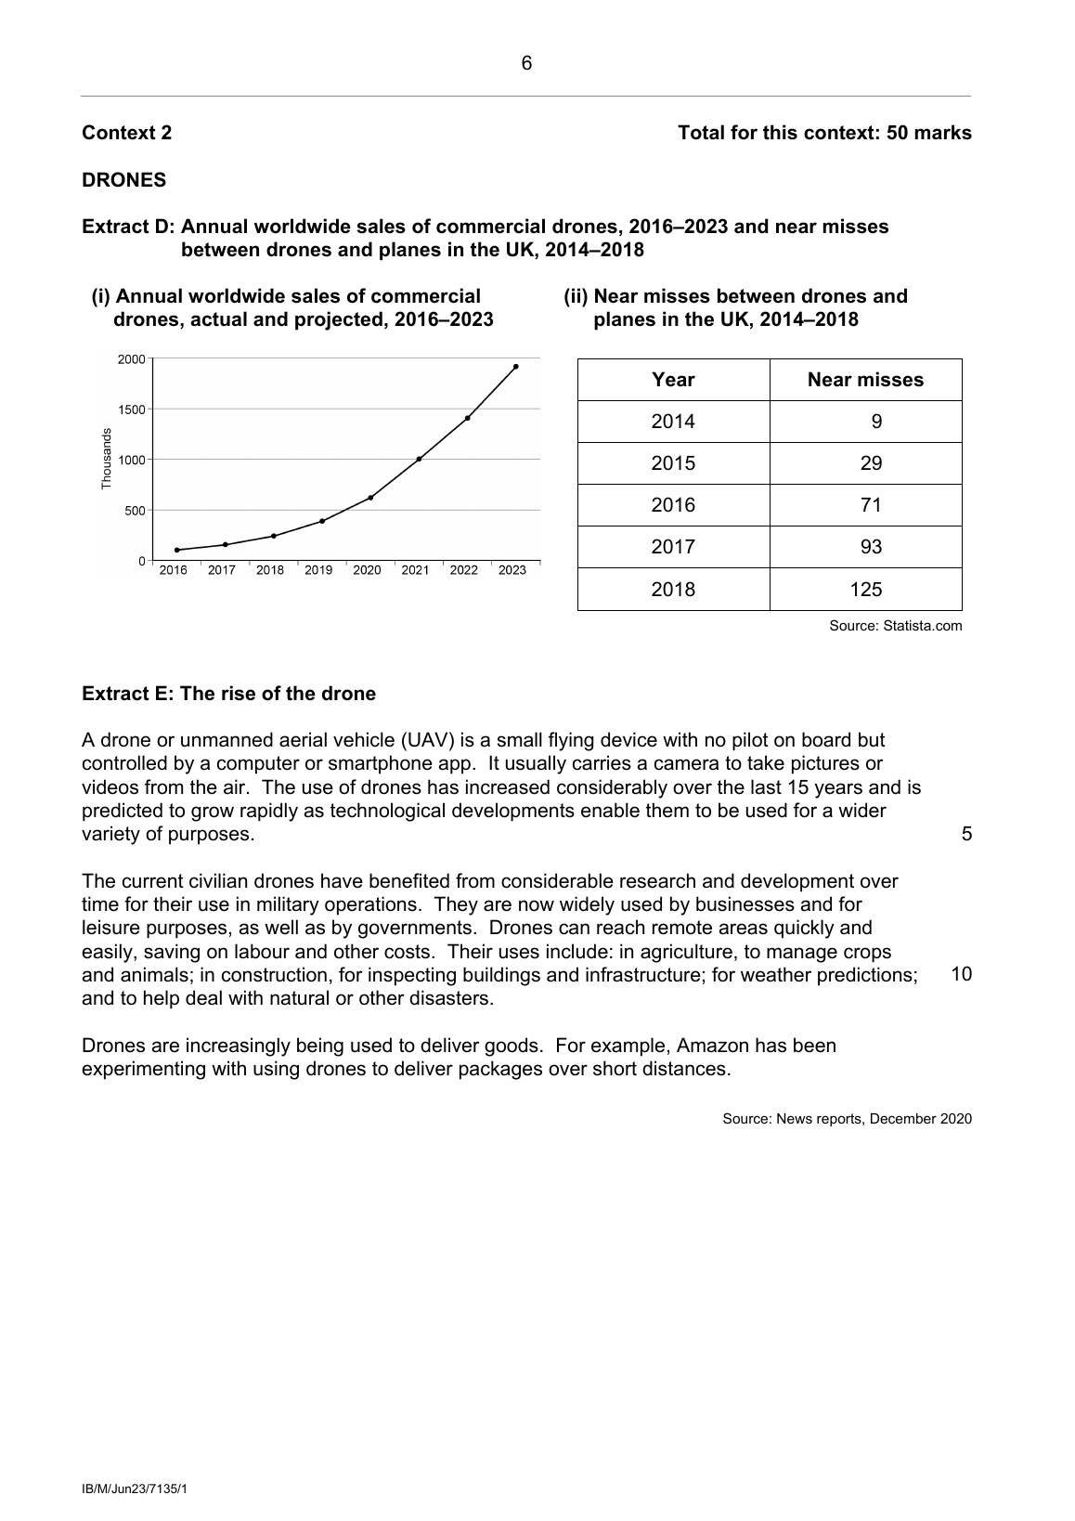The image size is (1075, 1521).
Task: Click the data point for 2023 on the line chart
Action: [x=515, y=367]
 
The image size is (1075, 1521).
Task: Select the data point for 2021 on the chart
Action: [x=419, y=459]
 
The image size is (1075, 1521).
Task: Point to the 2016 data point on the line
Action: [x=176, y=550]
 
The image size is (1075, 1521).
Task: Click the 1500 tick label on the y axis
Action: [x=131, y=409]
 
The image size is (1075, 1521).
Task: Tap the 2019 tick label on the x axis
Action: [x=318, y=570]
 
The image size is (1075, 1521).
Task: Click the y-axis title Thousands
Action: [x=106, y=459]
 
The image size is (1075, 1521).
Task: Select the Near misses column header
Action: [x=865, y=380]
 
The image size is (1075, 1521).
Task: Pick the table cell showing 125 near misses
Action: [x=865, y=590]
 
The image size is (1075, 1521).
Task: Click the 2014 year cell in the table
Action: [x=673, y=422]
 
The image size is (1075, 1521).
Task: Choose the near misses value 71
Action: [x=871, y=505]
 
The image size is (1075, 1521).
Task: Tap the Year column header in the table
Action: [x=673, y=380]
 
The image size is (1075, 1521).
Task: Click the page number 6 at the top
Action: [x=526, y=64]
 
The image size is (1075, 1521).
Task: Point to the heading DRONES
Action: [x=124, y=180]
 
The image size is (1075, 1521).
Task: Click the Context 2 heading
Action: [x=126, y=133]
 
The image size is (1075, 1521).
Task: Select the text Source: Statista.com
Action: [x=895, y=626]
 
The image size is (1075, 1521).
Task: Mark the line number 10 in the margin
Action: [x=962, y=974]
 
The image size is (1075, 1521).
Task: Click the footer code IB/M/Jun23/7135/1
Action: [x=135, y=1489]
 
